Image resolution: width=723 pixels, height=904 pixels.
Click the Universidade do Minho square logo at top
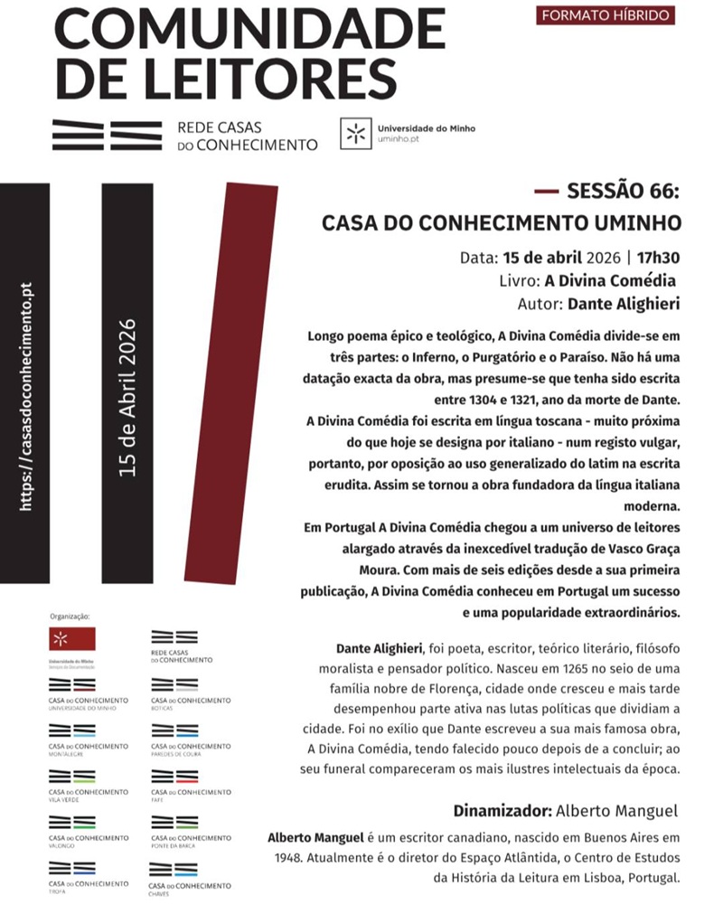click(356, 133)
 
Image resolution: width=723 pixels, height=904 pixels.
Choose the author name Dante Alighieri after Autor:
click(624, 303)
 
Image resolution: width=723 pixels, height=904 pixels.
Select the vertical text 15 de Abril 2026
click(127, 398)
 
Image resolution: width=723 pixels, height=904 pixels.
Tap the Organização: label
click(70, 617)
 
